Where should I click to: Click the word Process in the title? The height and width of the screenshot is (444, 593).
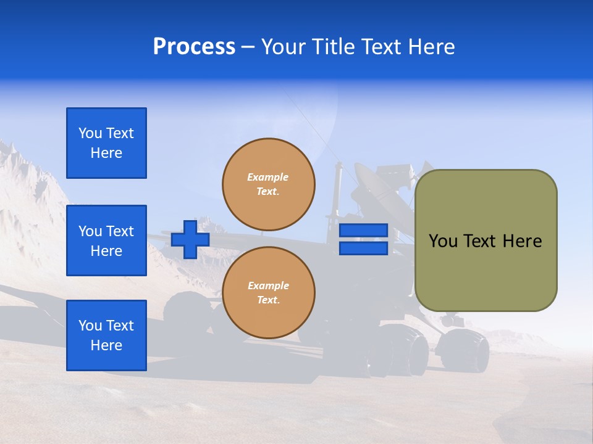pos(194,47)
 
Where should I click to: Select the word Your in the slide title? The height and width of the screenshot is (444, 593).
pos(282,47)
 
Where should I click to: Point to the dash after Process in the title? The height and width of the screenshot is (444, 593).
pos(248,47)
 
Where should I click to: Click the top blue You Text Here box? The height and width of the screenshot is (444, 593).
pos(106,143)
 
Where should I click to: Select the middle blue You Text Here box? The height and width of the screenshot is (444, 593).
pos(106,240)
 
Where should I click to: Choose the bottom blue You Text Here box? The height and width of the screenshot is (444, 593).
pos(106,335)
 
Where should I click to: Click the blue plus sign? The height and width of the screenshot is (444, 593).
pos(190,239)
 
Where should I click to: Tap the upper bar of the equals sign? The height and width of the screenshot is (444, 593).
pos(363,231)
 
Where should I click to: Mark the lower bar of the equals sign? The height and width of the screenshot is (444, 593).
pos(363,248)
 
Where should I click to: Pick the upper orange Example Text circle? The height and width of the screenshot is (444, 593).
pos(268,184)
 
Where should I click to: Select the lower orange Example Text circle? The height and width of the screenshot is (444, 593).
pos(268,292)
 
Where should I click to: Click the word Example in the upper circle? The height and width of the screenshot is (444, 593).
pos(268,177)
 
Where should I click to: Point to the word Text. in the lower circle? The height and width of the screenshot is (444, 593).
pos(268,300)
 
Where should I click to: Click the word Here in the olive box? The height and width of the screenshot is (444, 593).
pos(522,241)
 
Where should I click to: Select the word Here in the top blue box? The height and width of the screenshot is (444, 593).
pos(106,153)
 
